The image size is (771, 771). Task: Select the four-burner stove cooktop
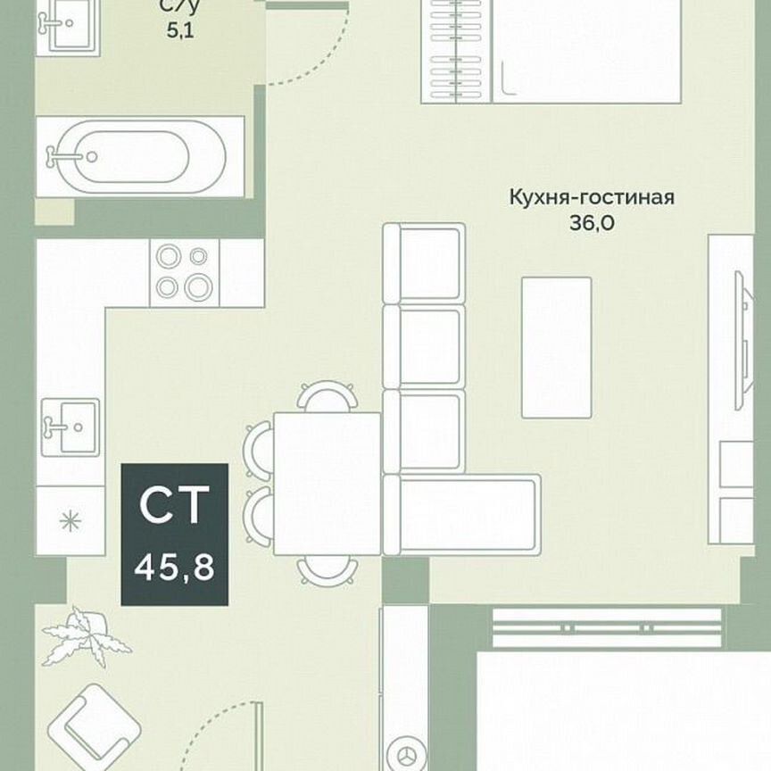pyautogui.click(x=182, y=271)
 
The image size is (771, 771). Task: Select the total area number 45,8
pyautogui.click(x=174, y=566)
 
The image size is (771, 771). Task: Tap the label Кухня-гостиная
pyautogui.click(x=592, y=197)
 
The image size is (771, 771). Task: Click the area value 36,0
pyautogui.click(x=591, y=224)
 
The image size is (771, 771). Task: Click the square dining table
pyautogui.click(x=327, y=483)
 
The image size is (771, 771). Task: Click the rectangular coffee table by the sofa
pyautogui.click(x=556, y=346)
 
